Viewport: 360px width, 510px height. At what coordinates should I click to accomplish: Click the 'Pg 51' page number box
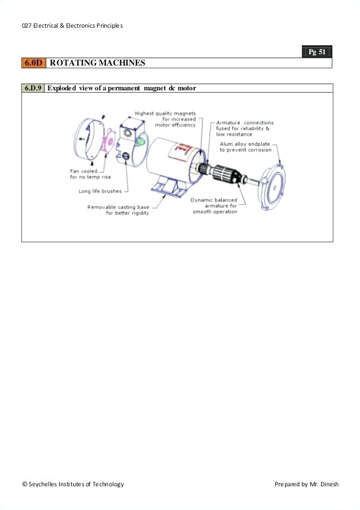(x=317, y=52)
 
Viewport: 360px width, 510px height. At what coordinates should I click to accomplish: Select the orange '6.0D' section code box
(x=33, y=63)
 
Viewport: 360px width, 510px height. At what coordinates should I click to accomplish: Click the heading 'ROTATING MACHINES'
(x=97, y=63)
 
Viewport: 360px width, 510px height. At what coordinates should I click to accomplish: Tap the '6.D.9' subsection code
(x=33, y=88)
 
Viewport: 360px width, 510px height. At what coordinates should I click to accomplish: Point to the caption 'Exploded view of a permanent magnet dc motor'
(x=121, y=88)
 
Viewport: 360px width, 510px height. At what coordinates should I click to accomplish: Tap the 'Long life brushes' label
(x=100, y=191)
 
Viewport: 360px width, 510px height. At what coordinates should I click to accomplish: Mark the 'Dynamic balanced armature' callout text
(x=214, y=206)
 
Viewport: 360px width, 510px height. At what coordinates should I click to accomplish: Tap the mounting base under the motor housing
(x=169, y=187)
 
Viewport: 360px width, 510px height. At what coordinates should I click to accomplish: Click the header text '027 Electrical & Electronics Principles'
(x=72, y=25)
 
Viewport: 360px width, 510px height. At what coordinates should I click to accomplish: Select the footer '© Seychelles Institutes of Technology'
(x=73, y=484)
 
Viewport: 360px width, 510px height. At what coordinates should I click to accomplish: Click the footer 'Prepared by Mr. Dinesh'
(x=306, y=484)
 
